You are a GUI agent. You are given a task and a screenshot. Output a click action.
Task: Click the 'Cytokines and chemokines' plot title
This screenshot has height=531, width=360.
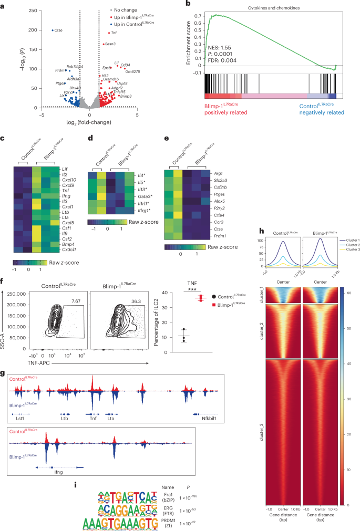(270, 9)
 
